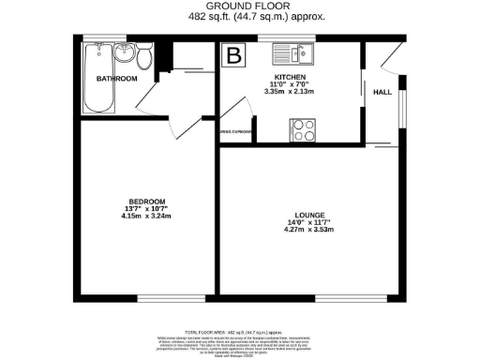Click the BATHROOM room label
(116, 79)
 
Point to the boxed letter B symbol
(232, 55)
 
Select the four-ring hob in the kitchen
(304, 130)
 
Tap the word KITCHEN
(290, 77)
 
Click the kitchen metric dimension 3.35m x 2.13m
(290, 92)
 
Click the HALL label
(382, 92)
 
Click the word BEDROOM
(147, 202)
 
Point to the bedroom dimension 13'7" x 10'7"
(147, 210)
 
